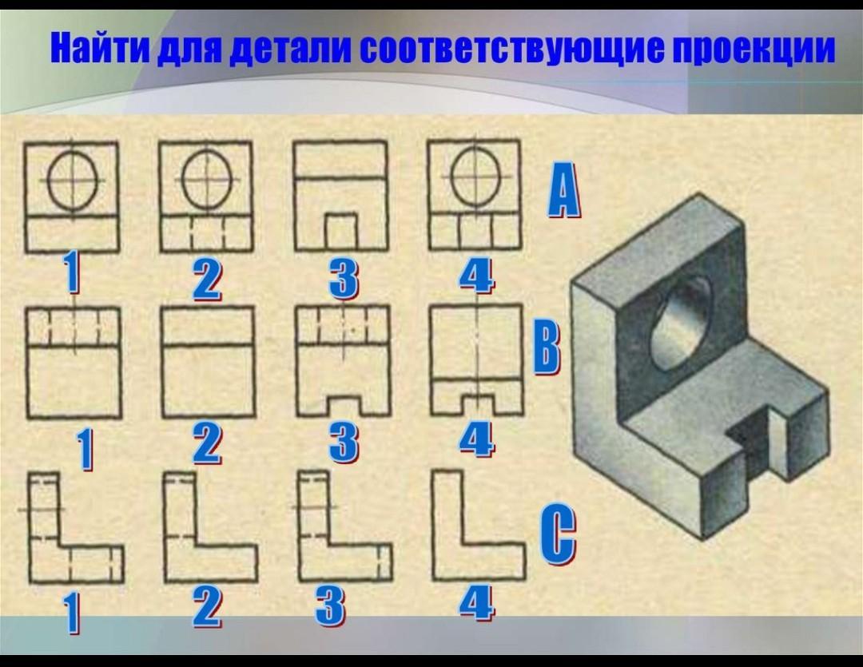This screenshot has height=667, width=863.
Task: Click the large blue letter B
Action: pos(547,348)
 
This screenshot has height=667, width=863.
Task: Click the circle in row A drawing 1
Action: pos(71,179)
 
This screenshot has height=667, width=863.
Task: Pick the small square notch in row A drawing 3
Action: pos(340,232)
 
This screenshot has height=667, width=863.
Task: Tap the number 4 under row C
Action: pos(476,604)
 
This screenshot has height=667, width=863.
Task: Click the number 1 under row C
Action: pos(73,613)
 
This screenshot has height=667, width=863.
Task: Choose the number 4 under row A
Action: pos(476,276)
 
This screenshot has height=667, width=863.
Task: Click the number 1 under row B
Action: pos(85,450)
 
